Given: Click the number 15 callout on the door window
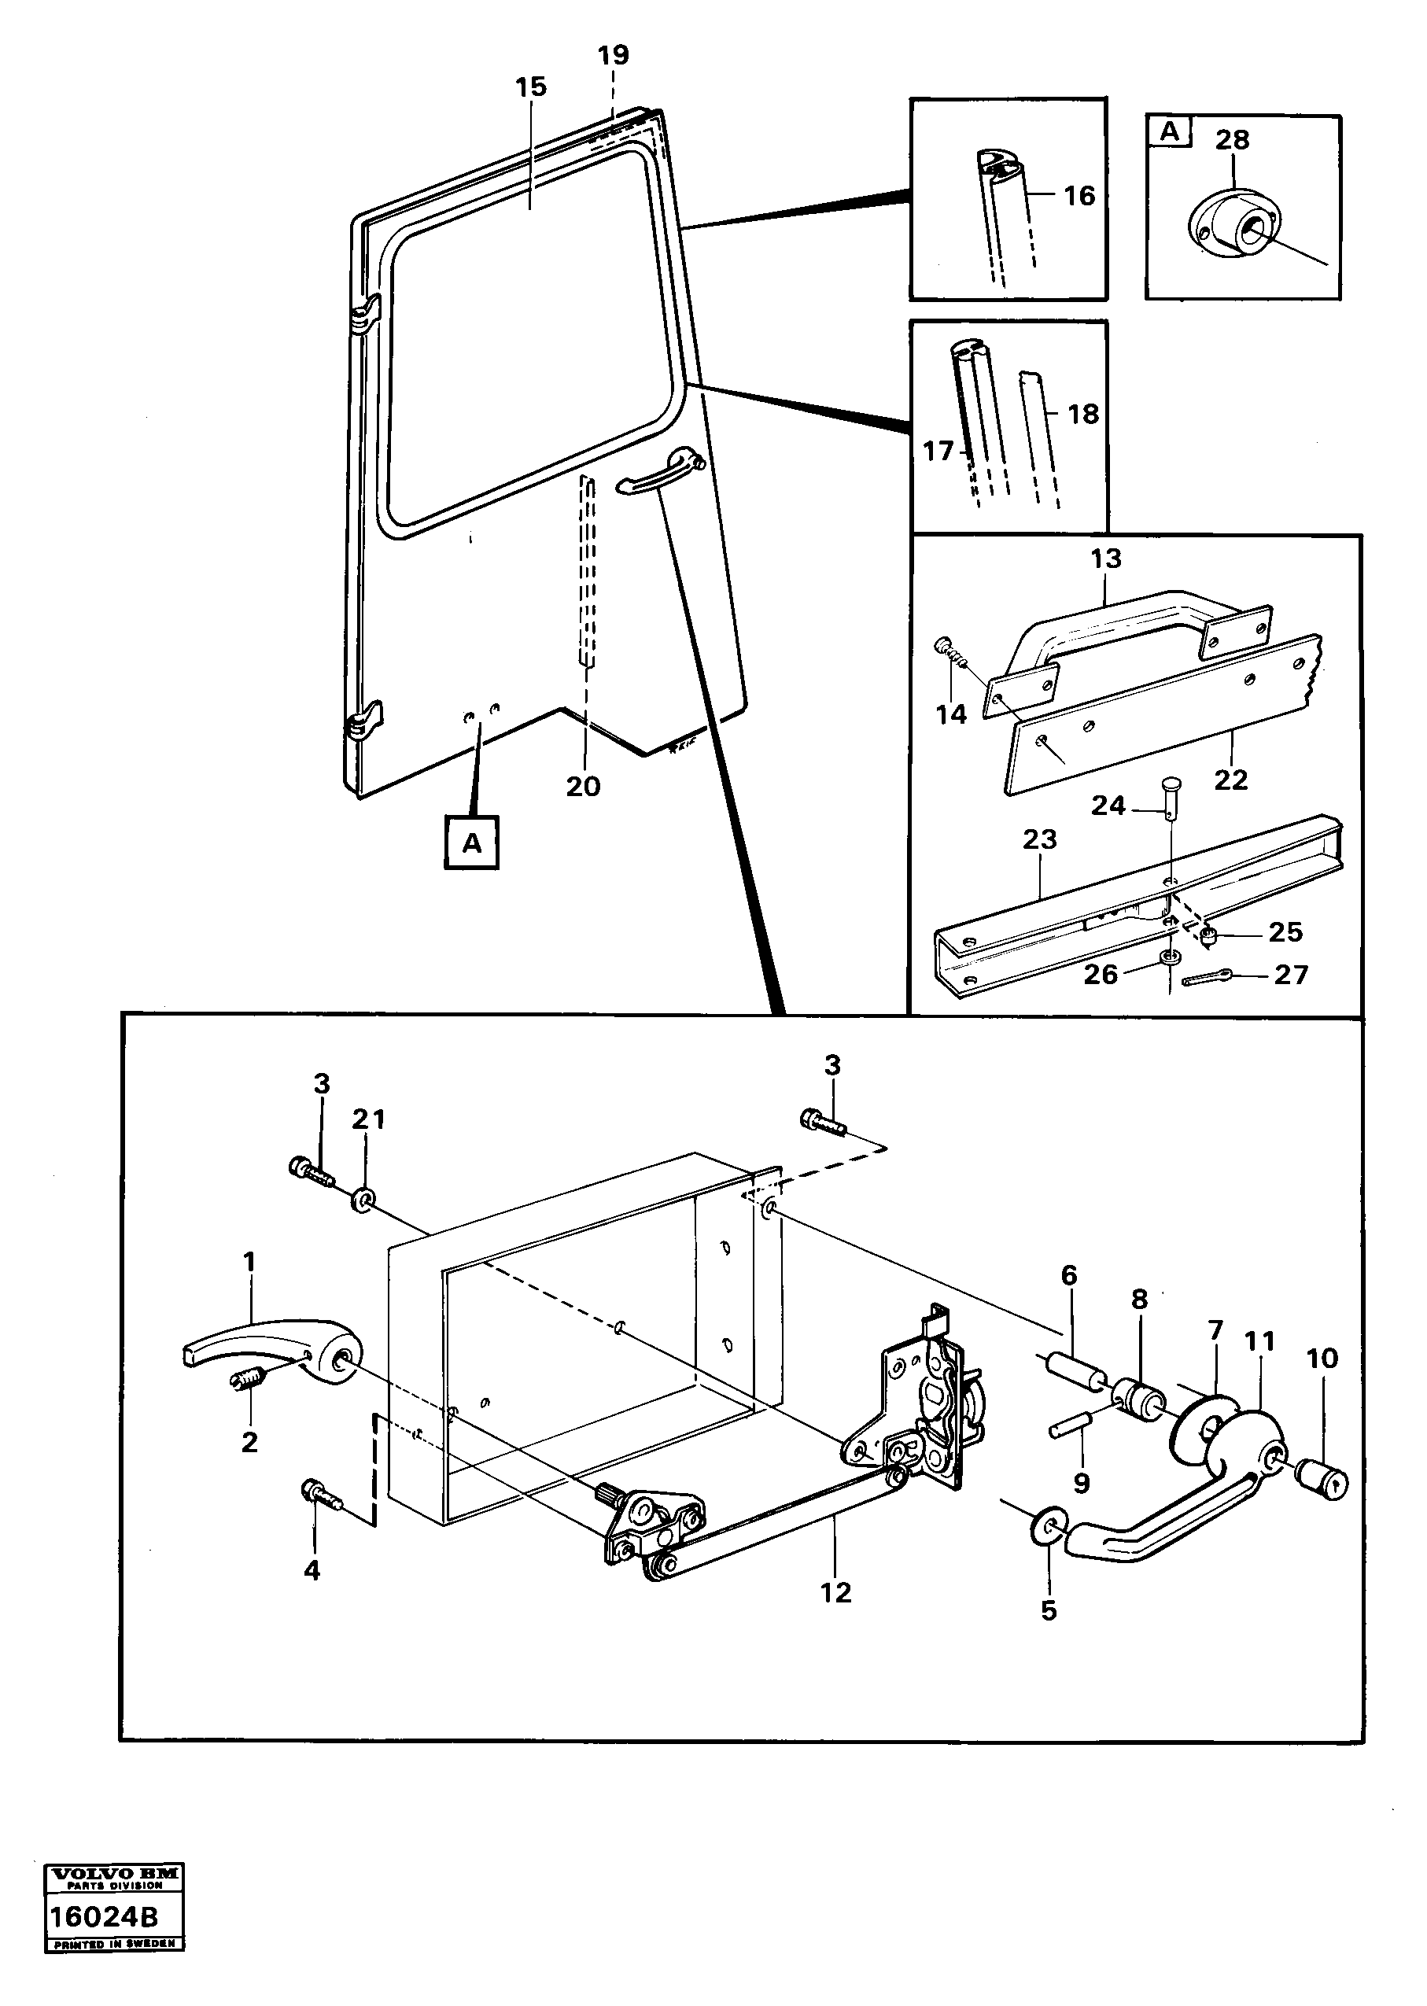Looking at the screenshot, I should coord(531,87).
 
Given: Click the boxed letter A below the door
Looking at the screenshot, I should coord(472,843).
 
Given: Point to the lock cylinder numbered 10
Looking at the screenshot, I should coord(1323,1479).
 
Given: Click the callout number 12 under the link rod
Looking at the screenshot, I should coord(835,1592).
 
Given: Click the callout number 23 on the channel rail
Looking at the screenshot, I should coord(1039,839).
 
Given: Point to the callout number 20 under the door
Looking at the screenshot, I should coord(583,787).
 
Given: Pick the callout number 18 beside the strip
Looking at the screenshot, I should coord(1082,414).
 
